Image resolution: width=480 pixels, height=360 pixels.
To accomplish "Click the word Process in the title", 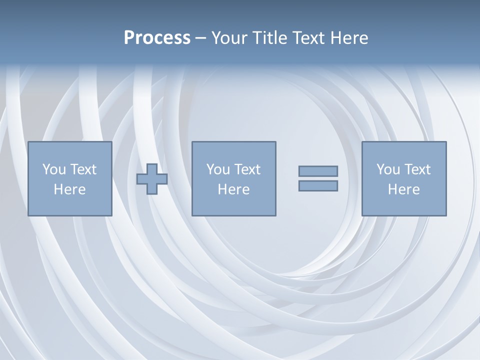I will pyautogui.click(x=157, y=38).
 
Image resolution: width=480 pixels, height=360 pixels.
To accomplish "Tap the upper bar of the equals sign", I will pyautogui.click(x=318, y=171).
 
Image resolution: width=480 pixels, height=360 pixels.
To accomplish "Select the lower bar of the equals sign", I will pyautogui.click(x=318, y=186).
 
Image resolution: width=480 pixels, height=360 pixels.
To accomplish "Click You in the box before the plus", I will pyautogui.click(x=54, y=169).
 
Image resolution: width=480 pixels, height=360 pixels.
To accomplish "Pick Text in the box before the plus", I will pyautogui.click(x=83, y=169).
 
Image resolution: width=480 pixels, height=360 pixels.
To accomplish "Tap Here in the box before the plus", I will pyautogui.click(x=69, y=189).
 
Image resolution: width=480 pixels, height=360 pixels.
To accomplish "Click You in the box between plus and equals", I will pyautogui.click(x=218, y=169).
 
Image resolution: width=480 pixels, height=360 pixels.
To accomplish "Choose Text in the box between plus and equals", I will pyautogui.click(x=247, y=169).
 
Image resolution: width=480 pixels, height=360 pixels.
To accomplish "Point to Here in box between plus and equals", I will pyautogui.click(x=233, y=189).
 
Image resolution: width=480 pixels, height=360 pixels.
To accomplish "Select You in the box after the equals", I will pyautogui.click(x=388, y=169).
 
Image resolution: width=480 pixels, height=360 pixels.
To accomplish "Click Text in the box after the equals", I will pyautogui.click(x=417, y=169).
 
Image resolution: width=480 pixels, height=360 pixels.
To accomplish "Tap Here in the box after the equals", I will pyautogui.click(x=403, y=189).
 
